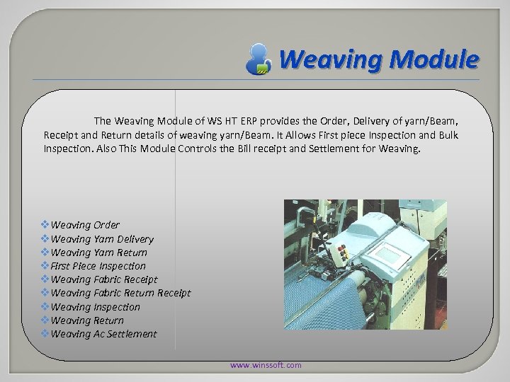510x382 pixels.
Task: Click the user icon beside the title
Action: [259, 58]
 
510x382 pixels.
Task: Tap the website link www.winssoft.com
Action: [266, 365]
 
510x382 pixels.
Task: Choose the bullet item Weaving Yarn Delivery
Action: [102, 239]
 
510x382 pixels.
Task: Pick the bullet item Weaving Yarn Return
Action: [99, 253]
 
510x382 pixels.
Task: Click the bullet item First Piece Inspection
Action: [98, 266]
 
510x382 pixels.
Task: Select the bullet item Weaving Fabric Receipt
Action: [104, 279]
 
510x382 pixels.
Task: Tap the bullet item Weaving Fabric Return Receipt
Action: [120, 293]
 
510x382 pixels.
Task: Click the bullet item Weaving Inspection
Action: [96, 307]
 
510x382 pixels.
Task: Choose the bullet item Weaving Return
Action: [87, 320]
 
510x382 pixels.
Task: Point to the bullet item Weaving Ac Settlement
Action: [103, 334]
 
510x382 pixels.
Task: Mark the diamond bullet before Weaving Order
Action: [45, 225]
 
